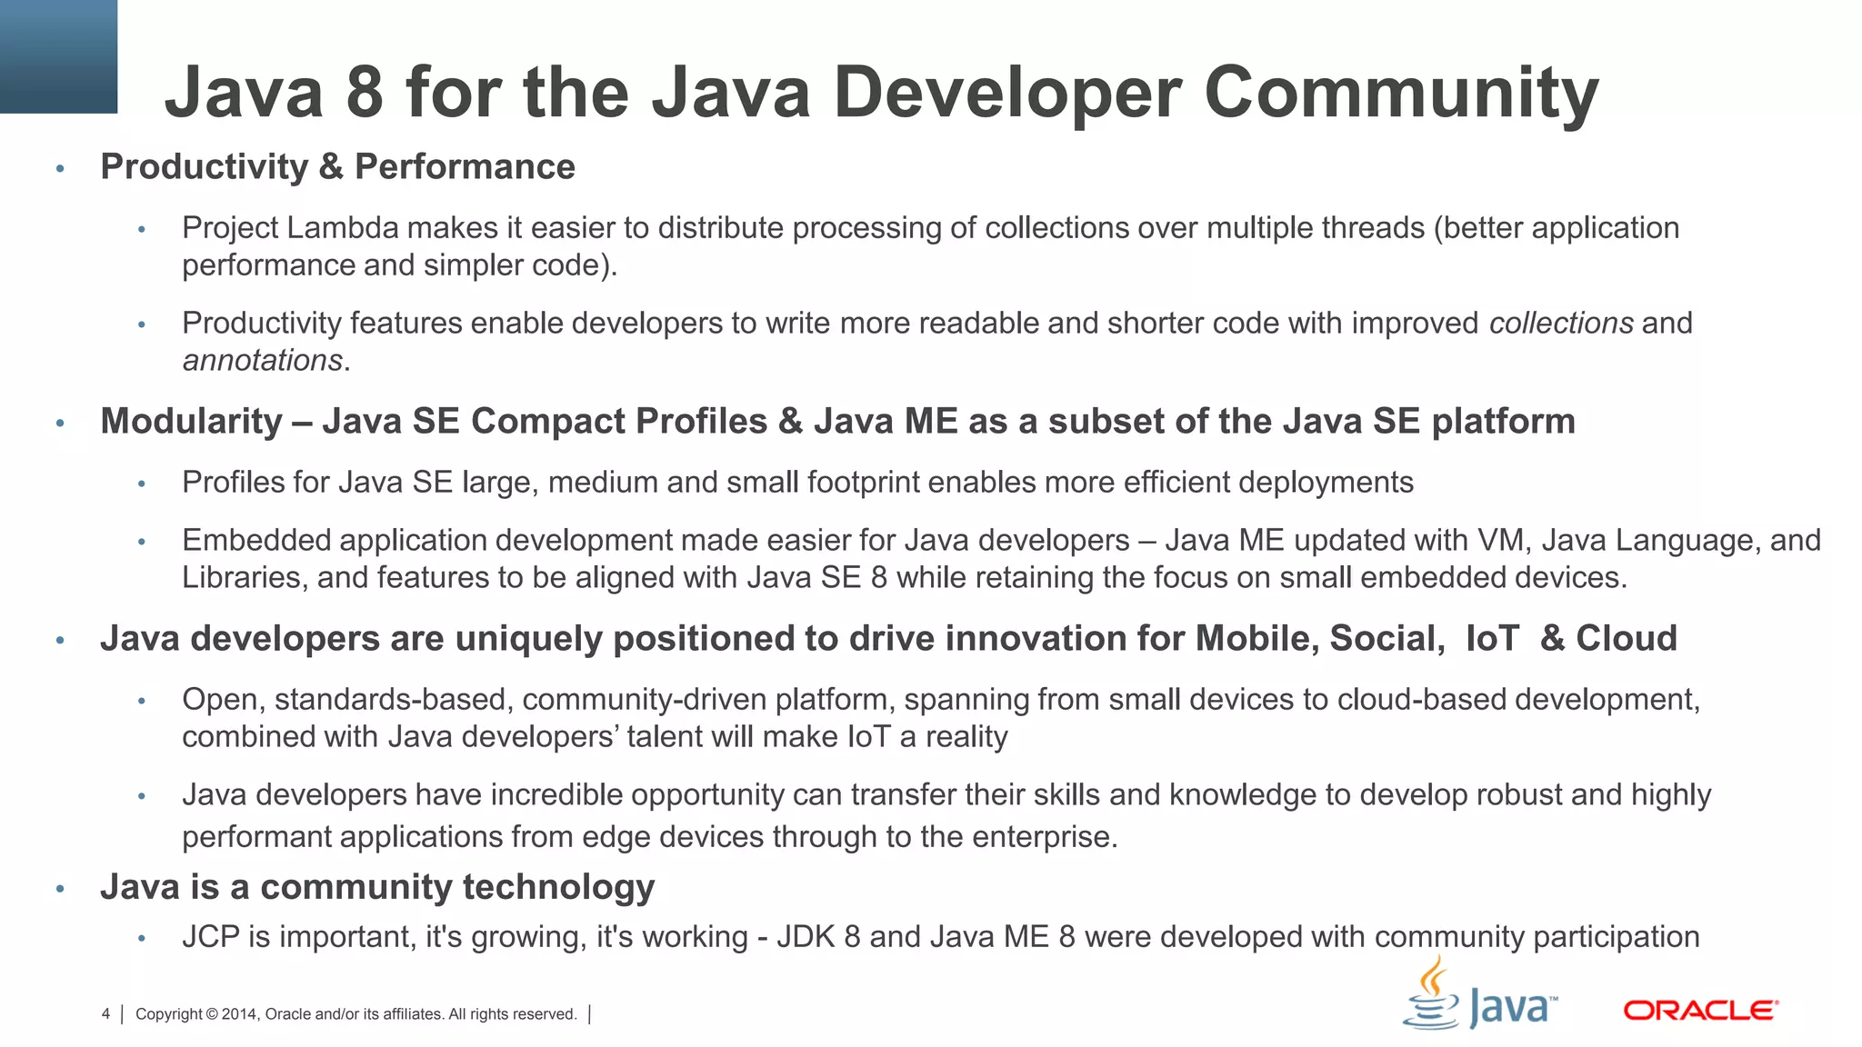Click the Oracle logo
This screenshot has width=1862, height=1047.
tap(1700, 1011)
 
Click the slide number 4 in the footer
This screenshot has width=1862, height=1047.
tap(105, 1014)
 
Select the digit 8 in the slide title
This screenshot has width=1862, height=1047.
tap(365, 93)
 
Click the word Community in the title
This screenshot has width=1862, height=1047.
tap(1401, 93)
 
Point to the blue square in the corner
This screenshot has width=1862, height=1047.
tap(58, 56)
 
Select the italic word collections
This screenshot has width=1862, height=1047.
tap(1561, 324)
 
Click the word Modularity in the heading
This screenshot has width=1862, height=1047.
tap(192, 422)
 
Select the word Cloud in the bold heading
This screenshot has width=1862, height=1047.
tap(1627, 639)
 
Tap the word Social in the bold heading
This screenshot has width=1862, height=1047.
tap(1386, 639)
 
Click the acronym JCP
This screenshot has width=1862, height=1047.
tap(211, 937)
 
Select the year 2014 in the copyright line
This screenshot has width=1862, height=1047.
tap(239, 1014)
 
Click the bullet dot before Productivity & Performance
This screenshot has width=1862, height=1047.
tap(61, 168)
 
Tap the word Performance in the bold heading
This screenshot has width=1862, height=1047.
tap(465, 167)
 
